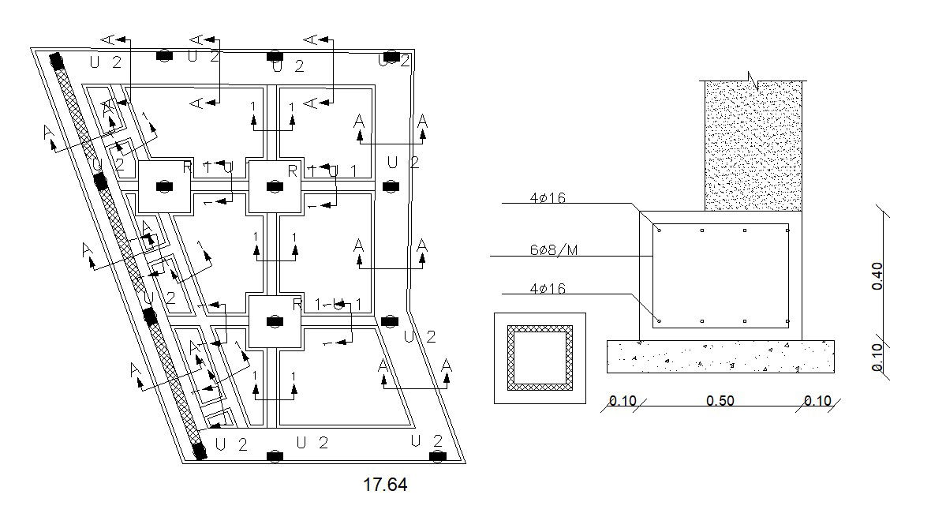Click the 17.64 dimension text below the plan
click(x=385, y=485)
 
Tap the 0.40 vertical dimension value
click(x=877, y=276)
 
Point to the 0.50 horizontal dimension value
click(x=720, y=401)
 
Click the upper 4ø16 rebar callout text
click(x=548, y=198)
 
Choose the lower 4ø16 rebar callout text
click(x=548, y=289)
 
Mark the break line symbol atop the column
click(x=753, y=80)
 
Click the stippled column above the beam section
click(x=753, y=146)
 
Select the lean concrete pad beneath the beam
click(x=720, y=357)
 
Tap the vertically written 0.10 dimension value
click(x=877, y=357)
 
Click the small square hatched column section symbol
click(x=540, y=358)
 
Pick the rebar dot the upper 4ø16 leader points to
click(x=660, y=230)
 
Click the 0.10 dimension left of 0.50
click(x=623, y=401)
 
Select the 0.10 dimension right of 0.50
click(x=817, y=401)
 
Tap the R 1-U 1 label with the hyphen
click(x=327, y=304)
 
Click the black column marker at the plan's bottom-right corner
click(x=436, y=456)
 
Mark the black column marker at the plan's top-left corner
click(x=56, y=61)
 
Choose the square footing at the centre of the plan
click(x=275, y=186)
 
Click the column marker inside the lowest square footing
click(x=275, y=321)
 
